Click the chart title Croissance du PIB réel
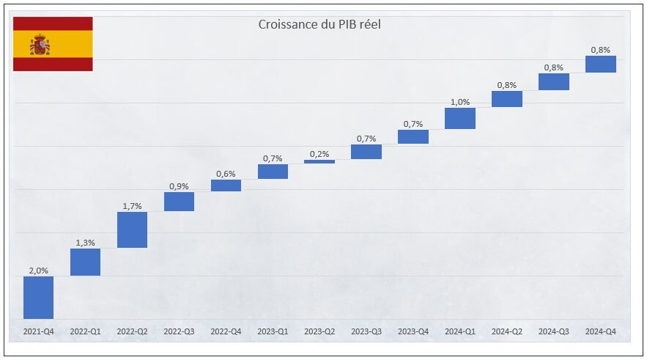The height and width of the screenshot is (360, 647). tap(319, 24)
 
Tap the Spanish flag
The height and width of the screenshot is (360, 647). tap(53, 44)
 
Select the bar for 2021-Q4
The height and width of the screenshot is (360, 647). tap(38, 297)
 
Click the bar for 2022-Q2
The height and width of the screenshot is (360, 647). tap(132, 229)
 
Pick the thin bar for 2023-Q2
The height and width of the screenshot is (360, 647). tap(319, 161)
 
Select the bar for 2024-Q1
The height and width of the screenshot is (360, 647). tap(460, 118)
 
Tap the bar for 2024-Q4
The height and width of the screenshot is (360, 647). tap(601, 64)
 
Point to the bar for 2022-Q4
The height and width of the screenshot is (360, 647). tap(226, 185)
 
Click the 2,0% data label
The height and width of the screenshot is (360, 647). tap(38, 271)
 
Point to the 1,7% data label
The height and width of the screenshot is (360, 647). tap(132, 206)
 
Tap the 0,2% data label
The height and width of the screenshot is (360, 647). tap(319, 154)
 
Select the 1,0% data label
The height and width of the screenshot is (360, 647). tap(460, 102)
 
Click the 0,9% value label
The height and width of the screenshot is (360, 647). tap(179, 186)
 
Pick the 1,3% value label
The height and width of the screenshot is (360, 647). tap(85, 243)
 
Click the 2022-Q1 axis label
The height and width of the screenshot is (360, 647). tap(85, 331)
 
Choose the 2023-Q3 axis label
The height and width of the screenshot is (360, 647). tap(366, 331)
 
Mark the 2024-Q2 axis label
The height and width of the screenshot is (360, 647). tap(507, 331)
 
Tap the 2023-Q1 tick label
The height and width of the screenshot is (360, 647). tap(273, 331)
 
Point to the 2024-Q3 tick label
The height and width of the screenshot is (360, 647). tap(554, 331)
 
